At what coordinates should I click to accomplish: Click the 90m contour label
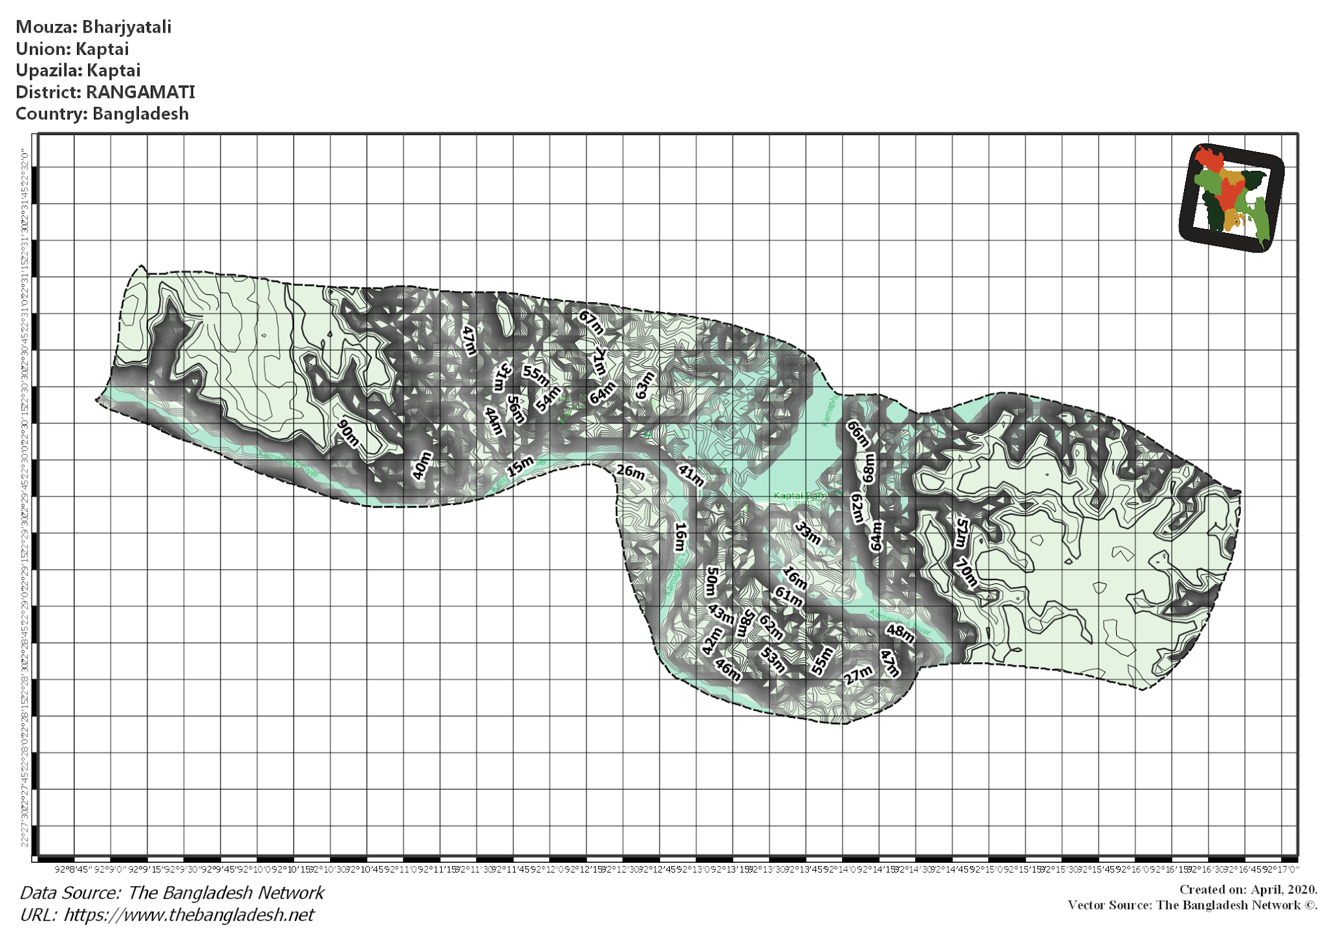(348, 434)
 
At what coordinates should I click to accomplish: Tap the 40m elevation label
(422, 465)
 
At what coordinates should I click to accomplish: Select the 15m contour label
(521, 467)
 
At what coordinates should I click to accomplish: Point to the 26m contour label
(631, 472)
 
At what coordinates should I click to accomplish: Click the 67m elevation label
(591, 322)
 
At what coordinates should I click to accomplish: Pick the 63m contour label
(645, 385)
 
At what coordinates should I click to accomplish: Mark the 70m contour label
(966, 573)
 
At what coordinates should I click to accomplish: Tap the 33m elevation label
(808, 533)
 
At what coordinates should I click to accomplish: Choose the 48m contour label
(900, 632)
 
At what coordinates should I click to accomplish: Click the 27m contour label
(858, 675)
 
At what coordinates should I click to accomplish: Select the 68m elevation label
(869, 468)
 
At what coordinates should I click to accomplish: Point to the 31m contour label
(502, 377)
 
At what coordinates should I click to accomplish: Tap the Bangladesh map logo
(1232, 198)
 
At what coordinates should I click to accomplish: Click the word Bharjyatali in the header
(127, 27)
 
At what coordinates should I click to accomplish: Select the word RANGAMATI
(140, 92)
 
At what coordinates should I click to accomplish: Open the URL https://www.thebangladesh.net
(189, 915)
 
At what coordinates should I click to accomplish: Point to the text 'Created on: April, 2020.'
(1248, 890)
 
